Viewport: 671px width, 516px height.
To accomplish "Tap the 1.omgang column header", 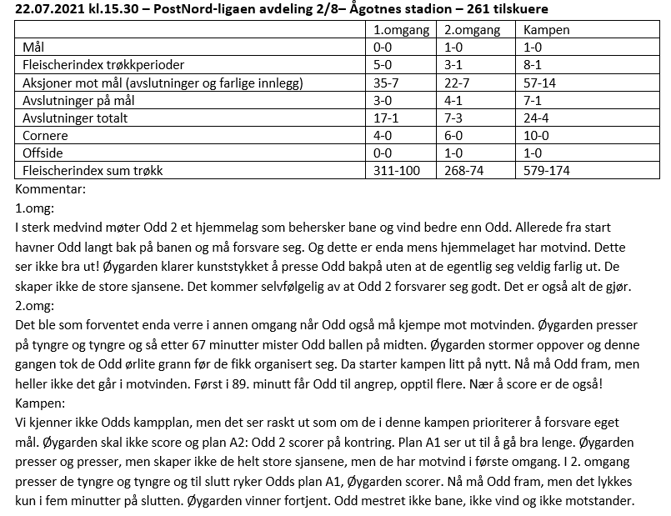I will pyautogui.click(x=402, y=29).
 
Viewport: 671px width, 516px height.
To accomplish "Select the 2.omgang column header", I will pyautogui.click(x=473, y=29).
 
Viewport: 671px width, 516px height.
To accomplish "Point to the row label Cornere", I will pyautogui.click(x=47, y=135).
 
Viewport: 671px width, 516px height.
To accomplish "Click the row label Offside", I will pyautogui.click(x=43, y=153).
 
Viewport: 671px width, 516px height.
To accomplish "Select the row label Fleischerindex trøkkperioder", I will pyautogui.click(x=103, y=64).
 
